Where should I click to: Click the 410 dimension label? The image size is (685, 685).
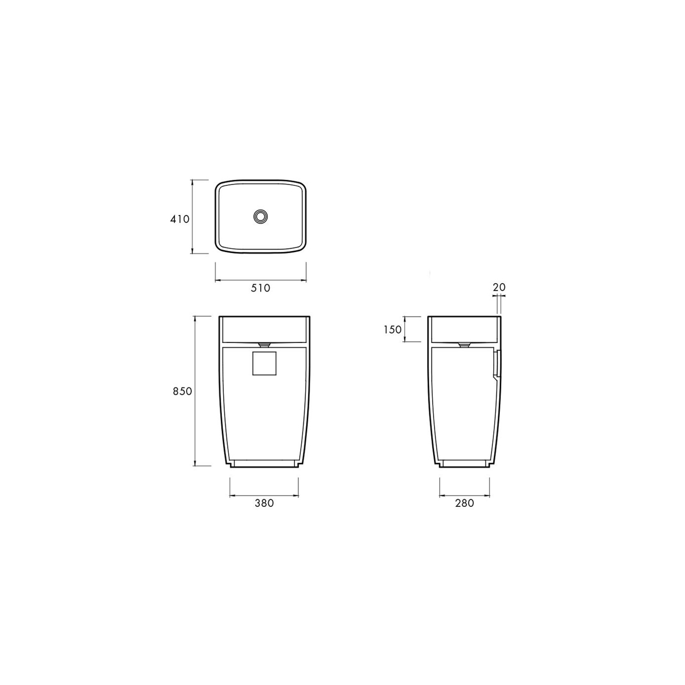180,219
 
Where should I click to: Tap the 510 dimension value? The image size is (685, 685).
261,288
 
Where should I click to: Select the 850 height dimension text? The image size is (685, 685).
182,391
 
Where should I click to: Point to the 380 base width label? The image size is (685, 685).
264,503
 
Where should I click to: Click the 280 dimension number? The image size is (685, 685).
464,503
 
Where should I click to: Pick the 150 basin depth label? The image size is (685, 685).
393,329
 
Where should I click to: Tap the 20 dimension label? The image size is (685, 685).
499,287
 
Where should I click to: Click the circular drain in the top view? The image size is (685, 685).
260,217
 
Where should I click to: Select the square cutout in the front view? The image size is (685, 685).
264,363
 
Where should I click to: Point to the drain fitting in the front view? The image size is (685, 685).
264,344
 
